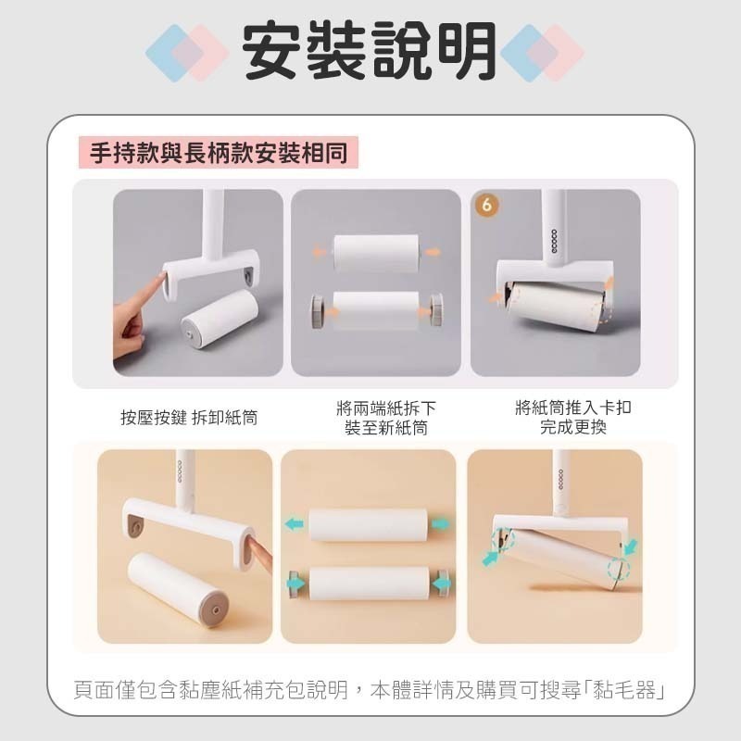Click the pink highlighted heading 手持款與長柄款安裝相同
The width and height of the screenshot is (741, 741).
click(219, 152)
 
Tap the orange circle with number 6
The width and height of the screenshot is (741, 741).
click(486, 206)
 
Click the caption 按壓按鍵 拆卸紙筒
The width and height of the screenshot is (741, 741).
click(189, 418)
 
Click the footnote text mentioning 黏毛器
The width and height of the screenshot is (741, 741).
click(370, 690)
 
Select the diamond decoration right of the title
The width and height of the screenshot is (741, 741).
click(542, 52)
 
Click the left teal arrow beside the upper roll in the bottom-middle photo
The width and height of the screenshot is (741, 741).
click(294, 524)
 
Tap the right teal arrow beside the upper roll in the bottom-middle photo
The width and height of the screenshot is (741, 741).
click(442, 524)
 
